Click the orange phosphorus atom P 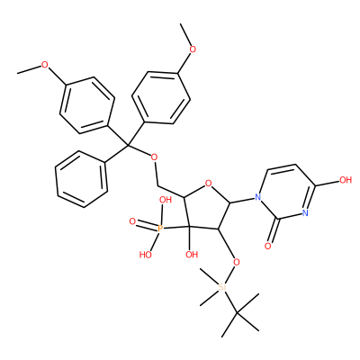click(x=160, y=229)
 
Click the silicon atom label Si click(x=221, y=287)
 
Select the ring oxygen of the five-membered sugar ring click(x=209, y=183)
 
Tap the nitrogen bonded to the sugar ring click(x=256, y=197)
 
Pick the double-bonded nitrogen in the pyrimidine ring click(x=306, y=212)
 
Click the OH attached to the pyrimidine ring click(x=345, y=180)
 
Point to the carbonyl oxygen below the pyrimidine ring click(x=268, y=247)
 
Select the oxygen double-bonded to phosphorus click(x=132, y=222)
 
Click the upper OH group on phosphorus click(x=166, y=200)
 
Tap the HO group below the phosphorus click(x=146, y=255)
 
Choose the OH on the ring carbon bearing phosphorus click(x=192, y=255)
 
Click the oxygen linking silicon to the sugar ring click(x=237, y=263)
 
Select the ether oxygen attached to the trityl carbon click(x=154, y=157)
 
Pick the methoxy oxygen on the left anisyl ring click(x=45, y=65)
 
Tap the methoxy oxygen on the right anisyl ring click(x=193, y=49)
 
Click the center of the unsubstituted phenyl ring click(x=81, y=179)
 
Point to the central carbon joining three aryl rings click(x=127, y=146)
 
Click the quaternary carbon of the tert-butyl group click(x=237, y=313)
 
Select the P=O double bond click(x=146, y=226)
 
